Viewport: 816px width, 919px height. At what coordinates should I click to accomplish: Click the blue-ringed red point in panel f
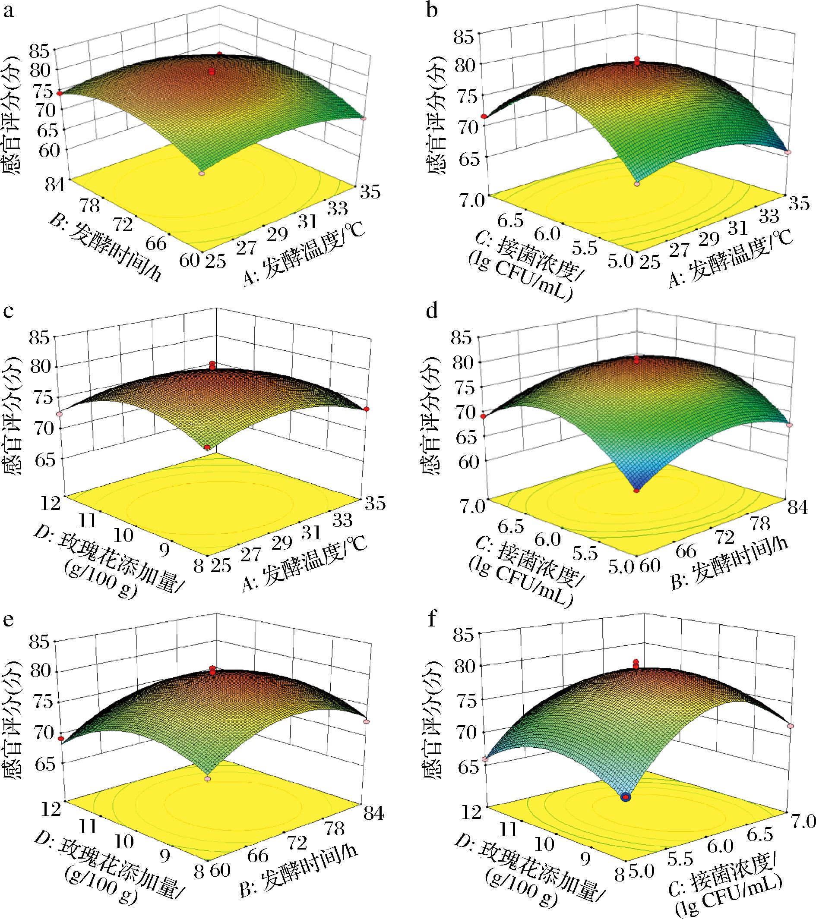point(626,797)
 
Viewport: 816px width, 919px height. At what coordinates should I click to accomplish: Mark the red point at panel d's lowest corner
point(636,491)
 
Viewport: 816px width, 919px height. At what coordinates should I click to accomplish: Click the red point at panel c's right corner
point(367,409)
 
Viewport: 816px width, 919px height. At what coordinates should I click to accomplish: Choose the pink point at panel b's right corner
point(787,153)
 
